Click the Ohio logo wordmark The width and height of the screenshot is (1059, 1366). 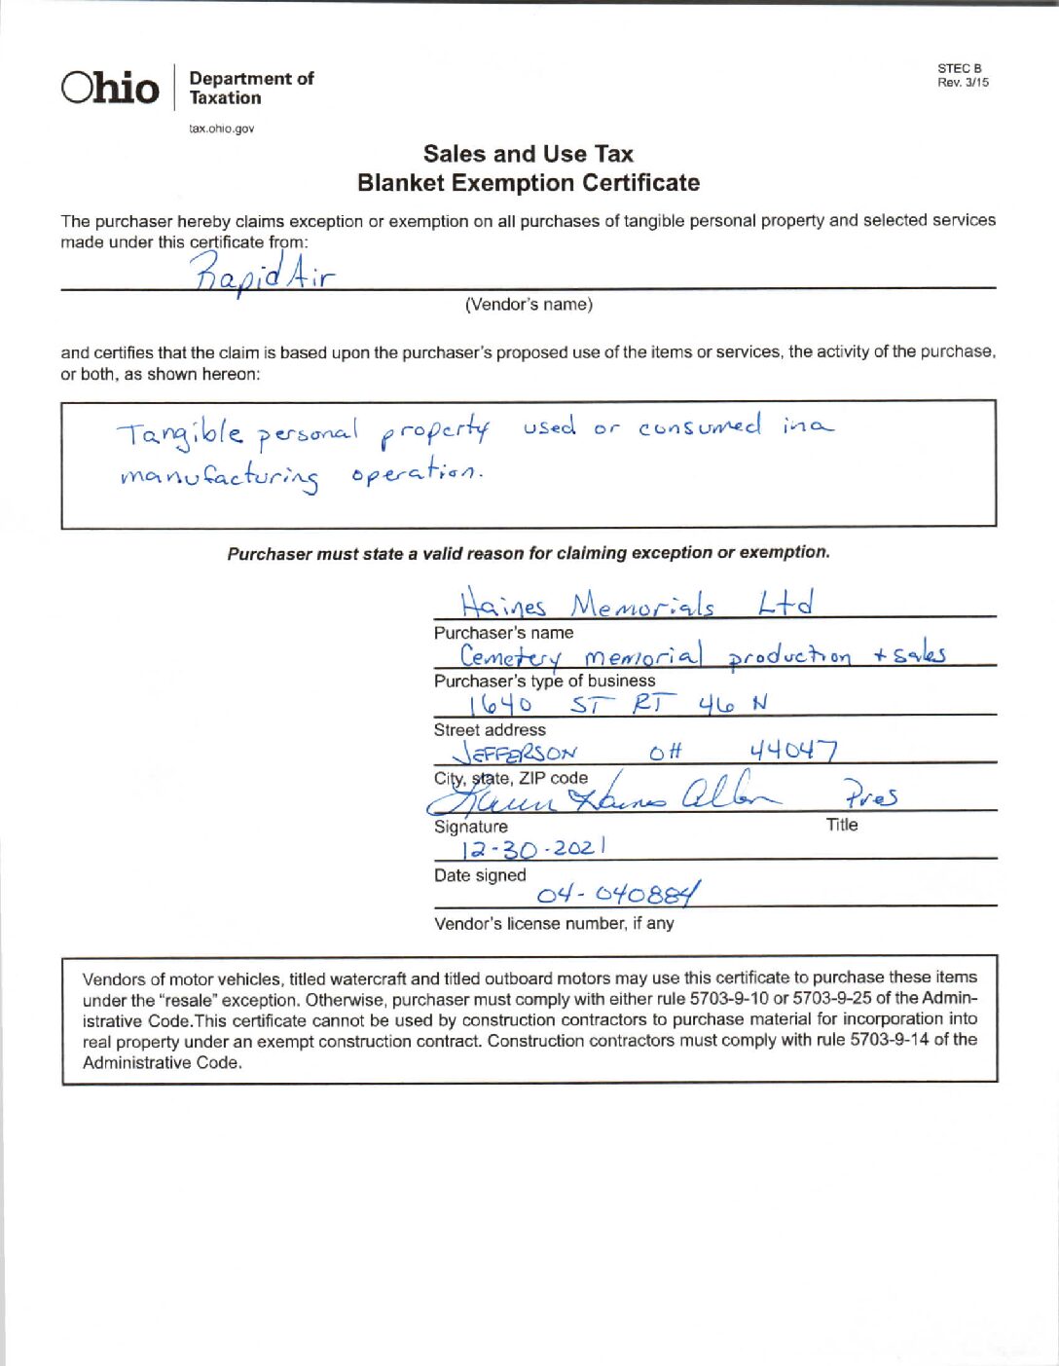(110, 88)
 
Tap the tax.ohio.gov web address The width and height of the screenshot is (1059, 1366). (221, 129)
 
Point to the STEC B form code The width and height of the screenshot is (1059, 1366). (960, 68)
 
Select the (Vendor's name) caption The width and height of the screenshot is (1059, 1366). (529, 305)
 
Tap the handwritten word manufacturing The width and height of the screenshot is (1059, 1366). (220, 476)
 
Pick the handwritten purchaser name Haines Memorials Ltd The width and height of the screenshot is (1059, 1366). (637, 605)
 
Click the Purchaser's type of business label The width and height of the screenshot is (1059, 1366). (544, 681)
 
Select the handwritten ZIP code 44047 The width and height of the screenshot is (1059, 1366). (792, 751)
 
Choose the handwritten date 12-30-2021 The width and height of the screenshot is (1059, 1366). (533, 848)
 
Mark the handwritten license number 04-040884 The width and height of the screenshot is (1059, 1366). (617, 894)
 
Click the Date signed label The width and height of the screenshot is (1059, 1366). (480, 875)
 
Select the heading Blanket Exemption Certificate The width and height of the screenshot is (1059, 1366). (529, 183)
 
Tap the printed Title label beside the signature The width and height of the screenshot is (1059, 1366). (842, 825)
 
